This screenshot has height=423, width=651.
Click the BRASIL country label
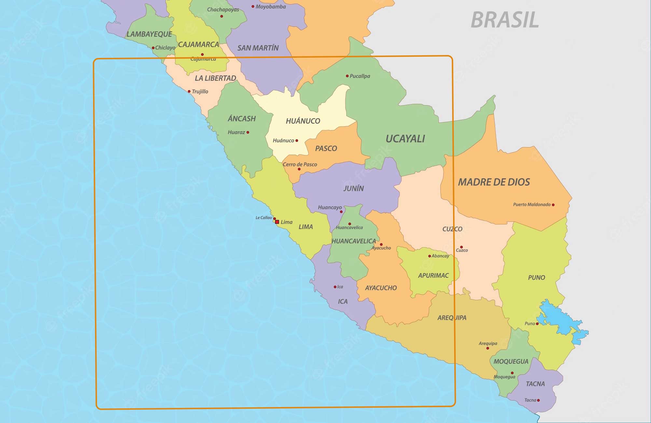tap(505, 20)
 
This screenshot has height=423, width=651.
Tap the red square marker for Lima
tap(277, 222)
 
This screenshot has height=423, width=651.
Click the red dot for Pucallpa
tap(347, 76)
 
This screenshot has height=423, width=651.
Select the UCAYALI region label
tap(405, 139)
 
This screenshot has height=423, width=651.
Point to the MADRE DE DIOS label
tap(494, 182)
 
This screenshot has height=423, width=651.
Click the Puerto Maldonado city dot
tap(553, 205)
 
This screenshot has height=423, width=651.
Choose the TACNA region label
tap(535, 384)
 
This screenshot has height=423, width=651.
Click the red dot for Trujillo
tap(189, 92)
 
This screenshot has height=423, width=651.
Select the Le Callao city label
tap(263, 218)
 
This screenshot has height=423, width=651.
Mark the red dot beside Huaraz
tap(248, 132)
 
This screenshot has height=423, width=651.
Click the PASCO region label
tap(326, 148)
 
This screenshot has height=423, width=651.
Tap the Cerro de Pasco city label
tap(300, 164)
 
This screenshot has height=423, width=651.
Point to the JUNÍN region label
tap(353, 188)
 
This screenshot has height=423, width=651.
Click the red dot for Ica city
tap(335, 287)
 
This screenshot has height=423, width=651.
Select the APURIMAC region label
tap(433, 275)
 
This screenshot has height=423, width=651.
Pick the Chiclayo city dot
tap(153, 48)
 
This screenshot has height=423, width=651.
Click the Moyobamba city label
tap(270, 7)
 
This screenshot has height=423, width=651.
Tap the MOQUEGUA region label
tap(511, 361)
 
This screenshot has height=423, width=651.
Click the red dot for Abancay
tap(429, 256)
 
